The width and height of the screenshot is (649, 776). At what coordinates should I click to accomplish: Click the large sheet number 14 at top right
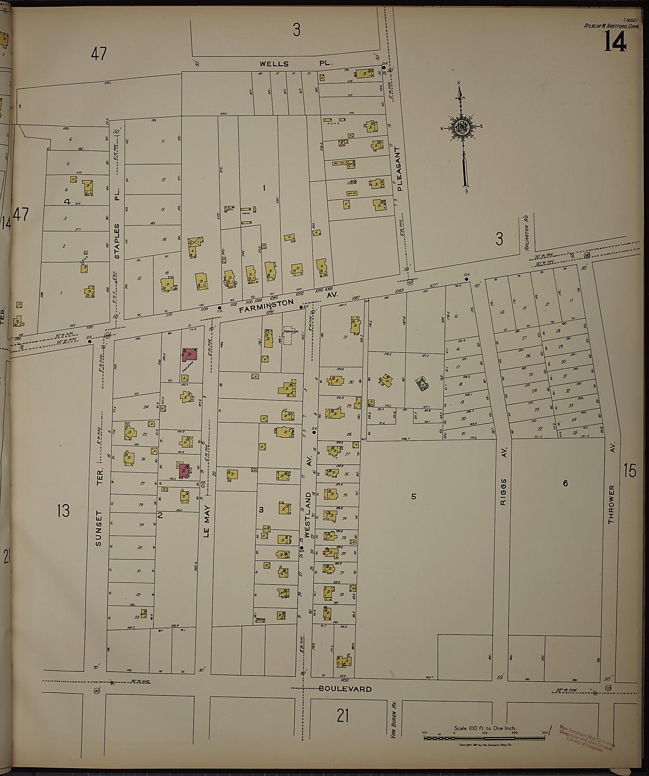click(x=615, y=42)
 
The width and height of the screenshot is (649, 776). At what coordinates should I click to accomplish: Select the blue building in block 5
click(x=422, y=384)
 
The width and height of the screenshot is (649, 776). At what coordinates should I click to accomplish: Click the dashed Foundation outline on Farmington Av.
click(x=291, y=335)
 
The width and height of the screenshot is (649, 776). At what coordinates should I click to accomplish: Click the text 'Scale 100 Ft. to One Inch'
click(x=485, y=728)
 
